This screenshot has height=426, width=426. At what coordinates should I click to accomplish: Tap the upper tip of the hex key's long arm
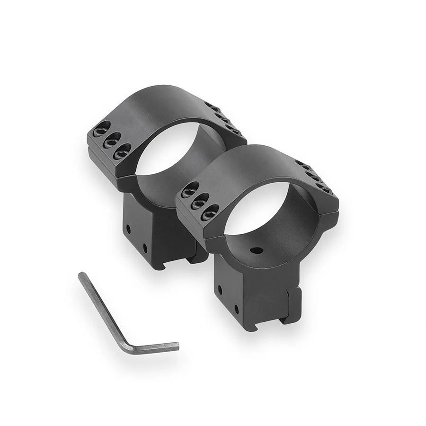81,275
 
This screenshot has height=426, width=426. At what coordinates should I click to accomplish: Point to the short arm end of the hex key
177,346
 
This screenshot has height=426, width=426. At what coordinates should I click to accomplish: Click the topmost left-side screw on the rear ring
101,128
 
